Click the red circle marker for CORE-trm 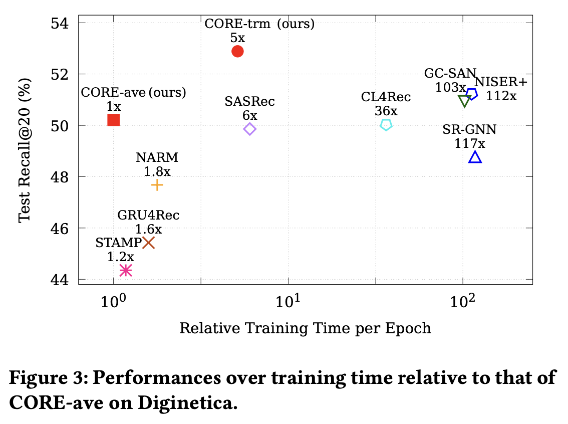tap(237, 51)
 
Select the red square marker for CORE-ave tap(114, 120)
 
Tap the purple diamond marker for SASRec tap(250, 129)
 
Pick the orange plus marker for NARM tap(157, 185)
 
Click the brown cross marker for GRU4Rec tap(148, 243)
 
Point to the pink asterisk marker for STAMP tap(126, 270)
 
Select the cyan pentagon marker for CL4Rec tap(386, 125)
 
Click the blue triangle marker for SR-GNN tap(475, 158)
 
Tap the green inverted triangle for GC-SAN tap(464, 101)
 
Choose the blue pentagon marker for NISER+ tap(471, 94)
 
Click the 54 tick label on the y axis tap(61, 23)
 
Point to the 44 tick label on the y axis tap(61, 280)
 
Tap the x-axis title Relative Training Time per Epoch tap(305, 328)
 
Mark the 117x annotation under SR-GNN tap(470, 143)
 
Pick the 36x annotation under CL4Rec tap(386, 111)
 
